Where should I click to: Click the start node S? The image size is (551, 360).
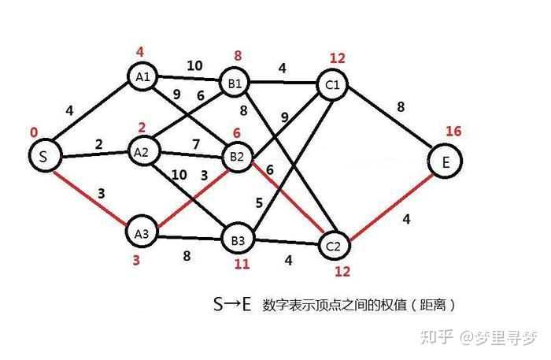(x=44, y=157)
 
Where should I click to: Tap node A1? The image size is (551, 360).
(x=143, y=77)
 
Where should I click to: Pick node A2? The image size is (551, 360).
(x=142, y=152)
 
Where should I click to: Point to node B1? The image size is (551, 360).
(x=235, y=84)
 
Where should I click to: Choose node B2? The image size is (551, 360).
(x=237, y=157)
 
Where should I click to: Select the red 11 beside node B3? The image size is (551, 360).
(x=241, y=264)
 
